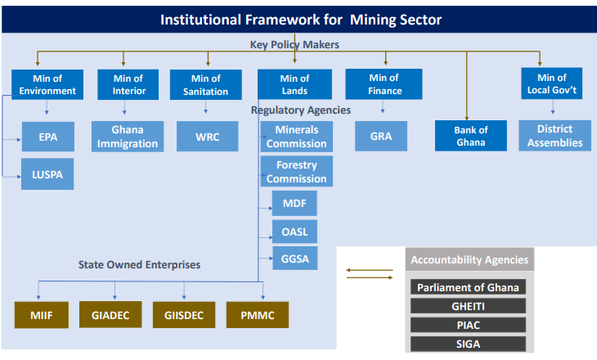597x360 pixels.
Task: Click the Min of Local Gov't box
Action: tap(551, 84)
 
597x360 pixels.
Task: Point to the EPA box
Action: tap(47, 136)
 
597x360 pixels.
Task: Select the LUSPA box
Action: tap(47, 174)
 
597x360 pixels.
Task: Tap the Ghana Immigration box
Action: tap(128, 137)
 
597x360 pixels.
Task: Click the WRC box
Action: tap(207, 137)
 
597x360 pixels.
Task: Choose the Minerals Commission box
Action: tap(296, 137)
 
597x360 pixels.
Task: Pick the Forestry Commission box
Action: tap(296, 172)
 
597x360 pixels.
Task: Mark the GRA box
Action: tap(380, 137)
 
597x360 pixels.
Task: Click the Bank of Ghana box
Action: tap(470, 136)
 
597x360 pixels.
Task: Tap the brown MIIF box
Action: tap(42, 315)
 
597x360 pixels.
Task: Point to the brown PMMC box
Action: tap(256, 315)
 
